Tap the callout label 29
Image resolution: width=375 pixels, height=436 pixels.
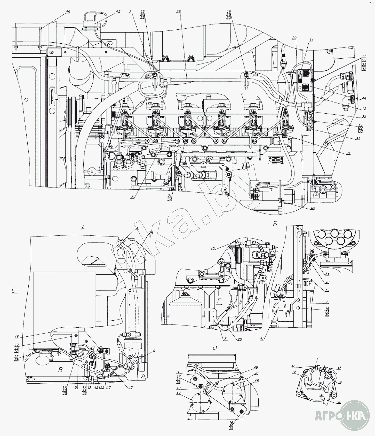[x=294, y=38]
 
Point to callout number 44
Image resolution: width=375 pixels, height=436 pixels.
[x=364, y=98]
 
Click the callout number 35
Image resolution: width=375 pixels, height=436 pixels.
[x=364, y=116]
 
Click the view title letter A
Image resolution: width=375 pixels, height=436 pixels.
[x=83, y=227]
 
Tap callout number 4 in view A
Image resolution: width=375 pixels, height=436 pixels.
[x=137, y=228]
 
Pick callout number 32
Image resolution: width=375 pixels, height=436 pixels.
[x=327, y=290]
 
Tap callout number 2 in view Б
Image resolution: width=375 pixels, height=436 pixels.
[x=327, y=302]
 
